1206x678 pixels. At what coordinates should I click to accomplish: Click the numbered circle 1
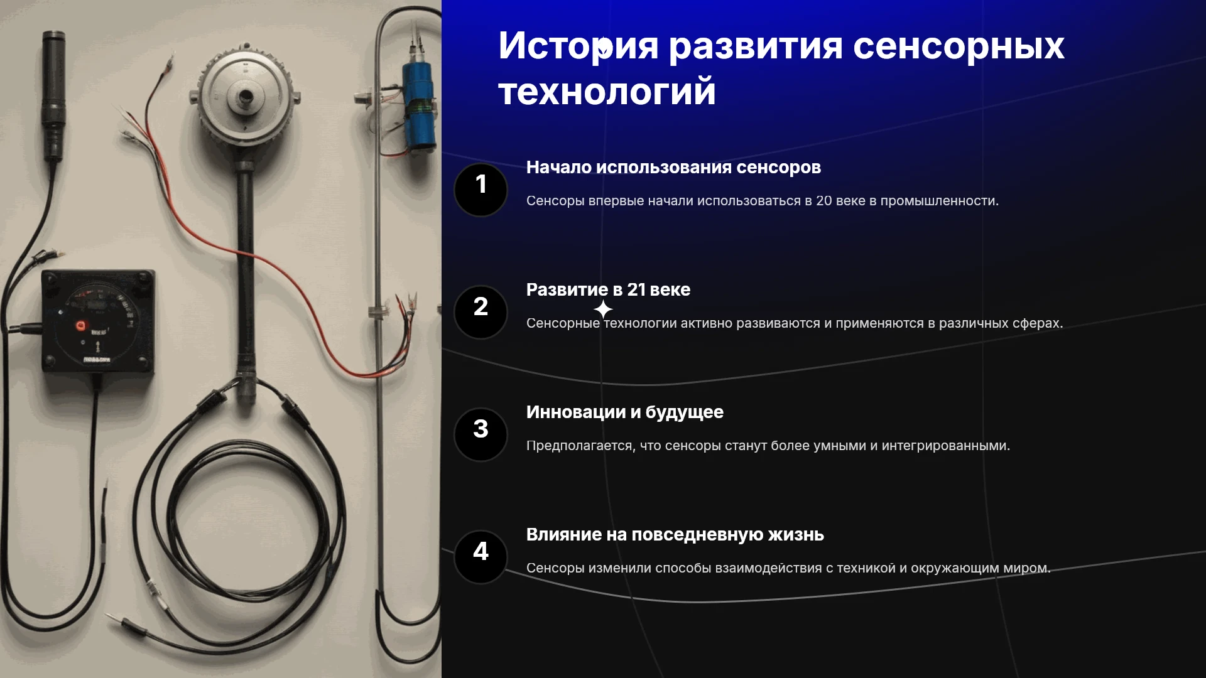481,190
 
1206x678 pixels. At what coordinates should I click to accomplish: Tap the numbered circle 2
481,312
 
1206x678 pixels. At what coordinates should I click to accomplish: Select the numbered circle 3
481,434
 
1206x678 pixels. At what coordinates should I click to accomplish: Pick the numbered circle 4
481,557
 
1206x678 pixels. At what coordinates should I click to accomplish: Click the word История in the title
579,46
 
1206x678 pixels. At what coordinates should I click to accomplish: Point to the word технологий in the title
607,92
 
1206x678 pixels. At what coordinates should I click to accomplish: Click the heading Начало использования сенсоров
673,168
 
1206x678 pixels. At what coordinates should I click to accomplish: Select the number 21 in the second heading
636,289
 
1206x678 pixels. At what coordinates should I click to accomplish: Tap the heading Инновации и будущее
624,412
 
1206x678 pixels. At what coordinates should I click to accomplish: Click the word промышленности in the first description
939,201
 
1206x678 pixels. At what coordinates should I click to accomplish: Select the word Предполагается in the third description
580,446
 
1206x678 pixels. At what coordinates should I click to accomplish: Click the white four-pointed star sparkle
603,309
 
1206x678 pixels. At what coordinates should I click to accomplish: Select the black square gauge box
97,321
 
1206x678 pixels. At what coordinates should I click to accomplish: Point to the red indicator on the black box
80,326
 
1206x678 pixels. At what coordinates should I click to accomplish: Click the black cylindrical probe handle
53,94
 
